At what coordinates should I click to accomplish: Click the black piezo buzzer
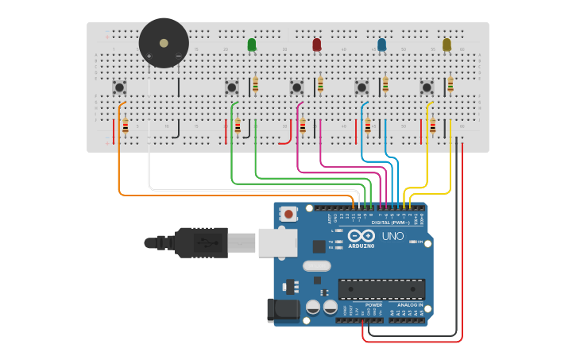tap(164, 43)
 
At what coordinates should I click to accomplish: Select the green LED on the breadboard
tap(252, 45)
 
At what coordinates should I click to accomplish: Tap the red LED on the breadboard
tap(317, 45)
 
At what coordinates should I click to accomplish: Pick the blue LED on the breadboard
tap(382, 45)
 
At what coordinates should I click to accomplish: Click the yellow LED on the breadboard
tap(446, 45)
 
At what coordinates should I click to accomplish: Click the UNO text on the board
tap(393, 236)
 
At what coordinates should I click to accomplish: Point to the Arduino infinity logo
tap(361, 235)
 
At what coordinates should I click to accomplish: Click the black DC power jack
tap(284, 310)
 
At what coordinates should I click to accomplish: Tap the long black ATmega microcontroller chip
tap(381, 290)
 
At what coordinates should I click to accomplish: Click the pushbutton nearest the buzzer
tap(119, 87)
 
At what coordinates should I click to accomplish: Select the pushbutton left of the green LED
tap(232, 87)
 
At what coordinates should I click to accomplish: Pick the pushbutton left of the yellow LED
tap(427, 87)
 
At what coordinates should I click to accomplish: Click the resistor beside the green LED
tap(255, 84)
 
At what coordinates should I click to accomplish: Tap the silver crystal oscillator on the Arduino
tap(316, 266)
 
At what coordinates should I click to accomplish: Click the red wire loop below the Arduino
tap(413, 342)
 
